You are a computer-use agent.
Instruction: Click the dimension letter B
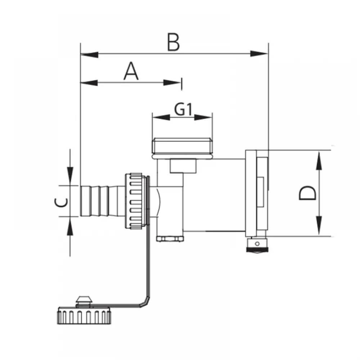(174, 42)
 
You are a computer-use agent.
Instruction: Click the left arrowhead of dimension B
(89, 55)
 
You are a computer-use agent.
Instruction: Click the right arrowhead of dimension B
(259, 54)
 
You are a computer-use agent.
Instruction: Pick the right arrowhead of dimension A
(172, 82)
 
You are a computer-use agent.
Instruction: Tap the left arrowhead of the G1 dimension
(161, 118)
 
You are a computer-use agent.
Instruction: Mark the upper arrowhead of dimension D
(319, 160)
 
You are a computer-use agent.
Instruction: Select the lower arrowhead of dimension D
(319, 225)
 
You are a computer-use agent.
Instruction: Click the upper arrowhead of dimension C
(70, 176)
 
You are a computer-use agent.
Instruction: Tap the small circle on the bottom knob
(257, 244)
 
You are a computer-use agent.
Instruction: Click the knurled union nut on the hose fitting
(134, 201)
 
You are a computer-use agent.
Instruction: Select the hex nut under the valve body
(170, 239)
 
